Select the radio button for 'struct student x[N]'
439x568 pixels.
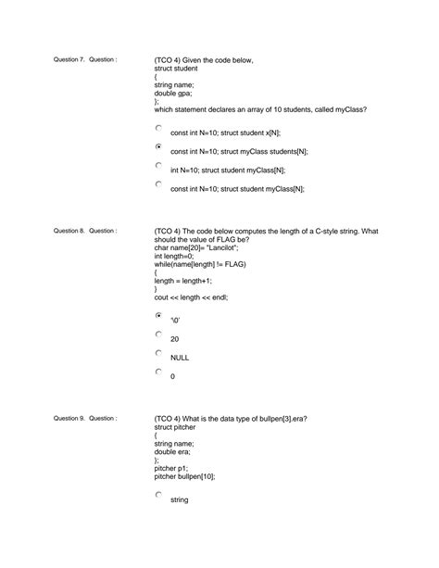coord(158,129)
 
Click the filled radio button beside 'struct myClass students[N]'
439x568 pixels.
coord(158,147)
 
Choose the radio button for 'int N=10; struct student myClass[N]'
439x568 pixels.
coord(158,166)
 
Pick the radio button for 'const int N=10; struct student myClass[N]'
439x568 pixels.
coord(158,184)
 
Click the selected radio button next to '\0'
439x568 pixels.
coord(158,316)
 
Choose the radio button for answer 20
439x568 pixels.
coord(158,335)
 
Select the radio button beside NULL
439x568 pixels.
coord(158,354)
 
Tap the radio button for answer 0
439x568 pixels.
coord(158,373)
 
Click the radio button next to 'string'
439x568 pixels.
coord(158,496)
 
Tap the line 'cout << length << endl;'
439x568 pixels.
coord(191,297)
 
